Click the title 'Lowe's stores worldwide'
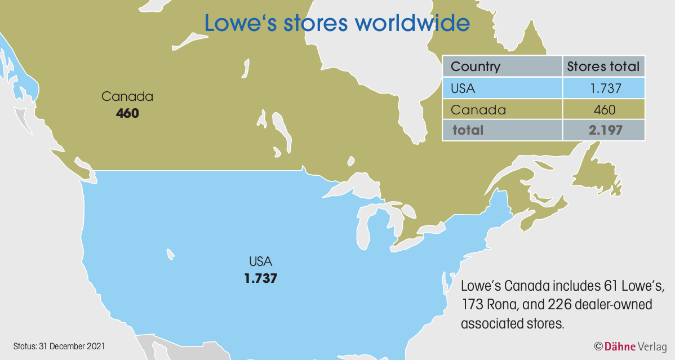click(x=336, y=23)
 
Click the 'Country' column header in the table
click(x=476, y=66)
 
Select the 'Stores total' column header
click(x=603, y=66)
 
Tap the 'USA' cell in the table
click(x=464, y=88)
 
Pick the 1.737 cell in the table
click(x=603, y=88)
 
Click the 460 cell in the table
click(x=603, y=109)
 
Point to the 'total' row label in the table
click(x=468, y=130)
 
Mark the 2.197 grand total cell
click(x=603, y=130)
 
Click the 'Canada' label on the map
click(x=127, y=97)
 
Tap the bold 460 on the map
click(x=127, y=113)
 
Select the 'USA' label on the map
click(x=260, y=262)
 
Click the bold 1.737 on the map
click(x=260, y=278)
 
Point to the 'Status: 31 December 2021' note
click(x=59, y=345)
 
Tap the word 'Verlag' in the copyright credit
click(x=652, y=345)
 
